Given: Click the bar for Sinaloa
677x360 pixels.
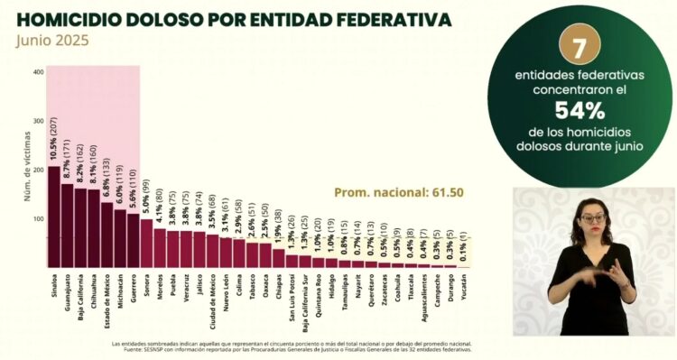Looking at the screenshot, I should [53, 217].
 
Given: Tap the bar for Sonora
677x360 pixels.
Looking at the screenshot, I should [146, 243].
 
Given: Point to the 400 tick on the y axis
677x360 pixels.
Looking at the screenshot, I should [37, 72].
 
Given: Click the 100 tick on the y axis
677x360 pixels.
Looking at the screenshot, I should [37, 219].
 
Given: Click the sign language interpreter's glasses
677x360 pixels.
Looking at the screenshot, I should [591, 219].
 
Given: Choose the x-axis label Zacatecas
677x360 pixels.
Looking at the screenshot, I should [385, 292].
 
